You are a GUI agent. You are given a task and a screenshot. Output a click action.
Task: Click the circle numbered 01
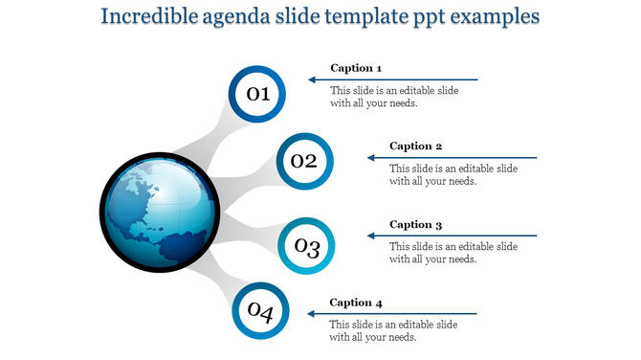point(257,94)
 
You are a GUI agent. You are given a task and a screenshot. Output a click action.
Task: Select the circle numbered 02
point(305,161)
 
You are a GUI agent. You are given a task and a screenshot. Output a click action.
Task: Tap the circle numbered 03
point(306,247)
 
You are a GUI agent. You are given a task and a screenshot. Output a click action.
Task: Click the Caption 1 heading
point(356,68)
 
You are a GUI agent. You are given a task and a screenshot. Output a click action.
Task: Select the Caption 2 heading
point(416,146)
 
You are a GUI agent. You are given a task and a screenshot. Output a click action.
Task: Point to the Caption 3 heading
point(416,225)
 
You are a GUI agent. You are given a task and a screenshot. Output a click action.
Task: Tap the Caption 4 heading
point(356,304)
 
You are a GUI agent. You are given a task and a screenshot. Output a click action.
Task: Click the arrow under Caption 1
point(392,79)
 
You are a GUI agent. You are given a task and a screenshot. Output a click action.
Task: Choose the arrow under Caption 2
point(452,158)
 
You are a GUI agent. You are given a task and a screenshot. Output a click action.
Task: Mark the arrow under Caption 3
point(452,236)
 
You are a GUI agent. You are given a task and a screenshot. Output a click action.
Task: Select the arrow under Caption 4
point(392,314)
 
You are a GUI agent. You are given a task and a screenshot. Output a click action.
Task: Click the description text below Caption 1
point(394,97)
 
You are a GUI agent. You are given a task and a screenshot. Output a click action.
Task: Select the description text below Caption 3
point(453,253)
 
